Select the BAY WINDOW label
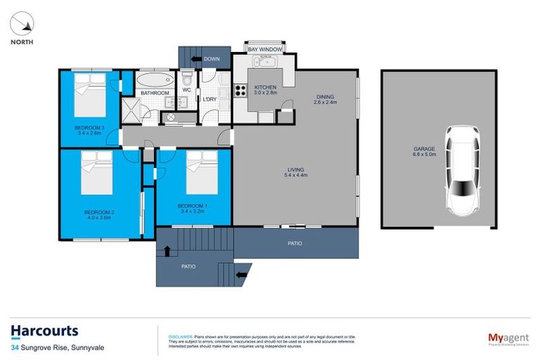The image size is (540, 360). point(265,50)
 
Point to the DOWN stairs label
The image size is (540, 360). point(212,59)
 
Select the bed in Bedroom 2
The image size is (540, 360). point(96,172)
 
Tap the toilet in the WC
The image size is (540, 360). point(187,79)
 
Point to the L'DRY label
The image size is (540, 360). point(210,99)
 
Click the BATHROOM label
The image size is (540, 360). point(154,93)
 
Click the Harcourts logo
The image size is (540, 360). point(44,330)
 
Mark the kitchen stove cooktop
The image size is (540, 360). point(240,89)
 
